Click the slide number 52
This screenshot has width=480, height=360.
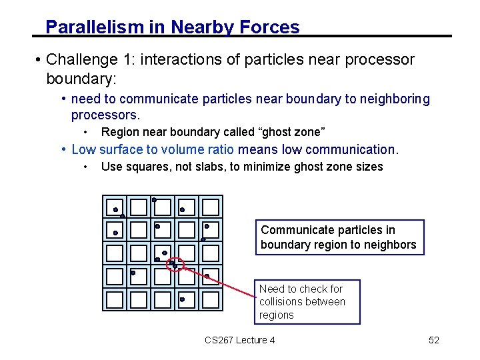click(x=433, y=341)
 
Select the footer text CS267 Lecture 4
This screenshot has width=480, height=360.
click(x=240, y=341)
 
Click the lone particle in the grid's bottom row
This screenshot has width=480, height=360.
click(x=182, y=299)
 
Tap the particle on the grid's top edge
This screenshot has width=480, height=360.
click(x=154, y=199)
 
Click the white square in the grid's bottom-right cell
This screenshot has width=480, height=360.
click(x=211, y=299)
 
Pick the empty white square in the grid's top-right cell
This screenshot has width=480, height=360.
click(x=211, y=207)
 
